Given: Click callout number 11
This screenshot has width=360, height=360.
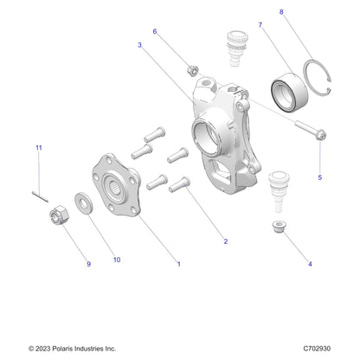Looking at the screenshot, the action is click(x=39, y=148).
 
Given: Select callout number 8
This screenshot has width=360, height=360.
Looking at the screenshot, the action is click(x=281, y=12).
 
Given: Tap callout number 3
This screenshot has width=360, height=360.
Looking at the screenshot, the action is click(x=140, y=45).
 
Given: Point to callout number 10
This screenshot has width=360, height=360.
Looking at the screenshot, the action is click(x=117, y=260).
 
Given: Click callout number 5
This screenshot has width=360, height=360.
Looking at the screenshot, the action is click(x=319, y=177).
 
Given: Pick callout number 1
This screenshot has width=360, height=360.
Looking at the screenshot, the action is click(x=179, y=264).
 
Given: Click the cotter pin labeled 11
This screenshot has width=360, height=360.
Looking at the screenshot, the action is click(x=40, y=196).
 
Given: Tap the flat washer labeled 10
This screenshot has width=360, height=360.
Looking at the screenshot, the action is click(x=84, y=203).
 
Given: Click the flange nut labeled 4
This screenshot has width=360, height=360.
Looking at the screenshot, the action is click(x=279, y=227).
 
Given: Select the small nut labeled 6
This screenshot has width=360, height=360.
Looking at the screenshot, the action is click(x=192, y=70).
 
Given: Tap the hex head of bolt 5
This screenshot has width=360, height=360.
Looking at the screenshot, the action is click(x=320, y=135).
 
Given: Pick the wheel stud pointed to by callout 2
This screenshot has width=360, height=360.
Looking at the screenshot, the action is click(x=179, y=184).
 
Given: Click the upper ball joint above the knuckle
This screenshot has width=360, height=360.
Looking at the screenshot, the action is click(x=237, y=48).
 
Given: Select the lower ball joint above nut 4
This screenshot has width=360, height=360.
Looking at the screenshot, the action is click(x=279, y=191).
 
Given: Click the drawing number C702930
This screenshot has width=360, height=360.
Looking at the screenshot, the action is click(x=317, y=349).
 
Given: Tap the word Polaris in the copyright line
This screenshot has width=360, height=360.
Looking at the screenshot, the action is click(x=62, y=349).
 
